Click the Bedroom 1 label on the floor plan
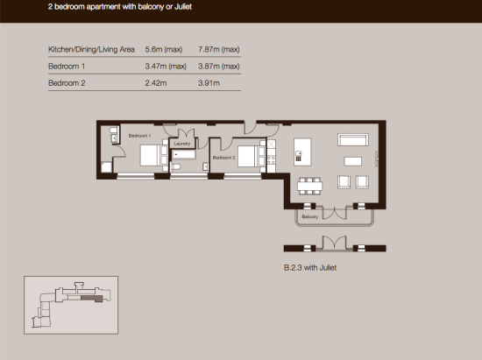[139, 136]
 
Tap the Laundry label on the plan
[182, 144]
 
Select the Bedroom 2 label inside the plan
[223, 158]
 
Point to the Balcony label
[310, 217]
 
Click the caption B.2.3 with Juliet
[310, 268]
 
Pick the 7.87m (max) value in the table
[219, 49]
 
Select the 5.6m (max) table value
[164, 49]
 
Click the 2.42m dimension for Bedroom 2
[156, 83]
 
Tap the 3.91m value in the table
[209, 83]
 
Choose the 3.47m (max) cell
[166, 67]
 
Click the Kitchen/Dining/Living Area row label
[91, 49]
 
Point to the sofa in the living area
[353, 139]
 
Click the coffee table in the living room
[352, 161]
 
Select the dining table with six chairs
[309, 186]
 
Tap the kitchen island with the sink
[302, 152]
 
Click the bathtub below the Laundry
[183, 154]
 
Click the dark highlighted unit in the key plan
[92, 299]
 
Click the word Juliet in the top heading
[183, 7]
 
